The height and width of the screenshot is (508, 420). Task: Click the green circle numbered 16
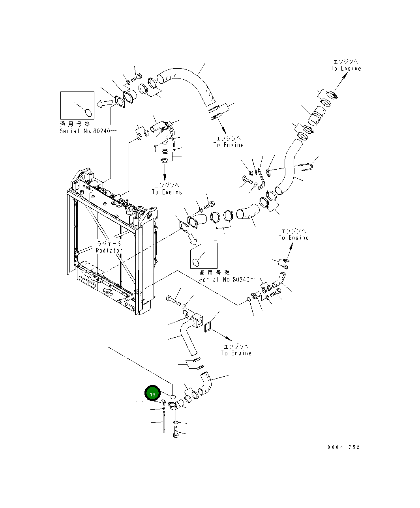pyautogui.click(x=152, y=393)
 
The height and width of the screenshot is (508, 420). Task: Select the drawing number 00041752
pyautogui.click(x=343, y=447)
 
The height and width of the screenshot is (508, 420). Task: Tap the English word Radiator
pyautogui.click(x=109, y=250)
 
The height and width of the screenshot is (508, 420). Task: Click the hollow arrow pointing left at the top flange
pyautogui.click(x=105, y=103)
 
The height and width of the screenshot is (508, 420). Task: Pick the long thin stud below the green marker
pyautogui.click(x=163, y=422)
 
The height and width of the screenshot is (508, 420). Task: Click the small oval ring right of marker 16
pyautogui.click(x=172, y=395)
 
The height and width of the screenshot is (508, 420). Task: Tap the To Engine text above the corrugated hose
pyautogui.click(x=346, y=69)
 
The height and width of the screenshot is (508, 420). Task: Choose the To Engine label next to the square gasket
pyautogui.click(x=236, y=353)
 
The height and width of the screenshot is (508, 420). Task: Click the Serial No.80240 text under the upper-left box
pyautogui.click(x=88, y=131)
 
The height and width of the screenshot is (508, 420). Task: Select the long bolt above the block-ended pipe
pyautogui.click(x=174, y=301)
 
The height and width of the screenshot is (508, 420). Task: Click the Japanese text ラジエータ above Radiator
pyautogui.click(x=109, y=244)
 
